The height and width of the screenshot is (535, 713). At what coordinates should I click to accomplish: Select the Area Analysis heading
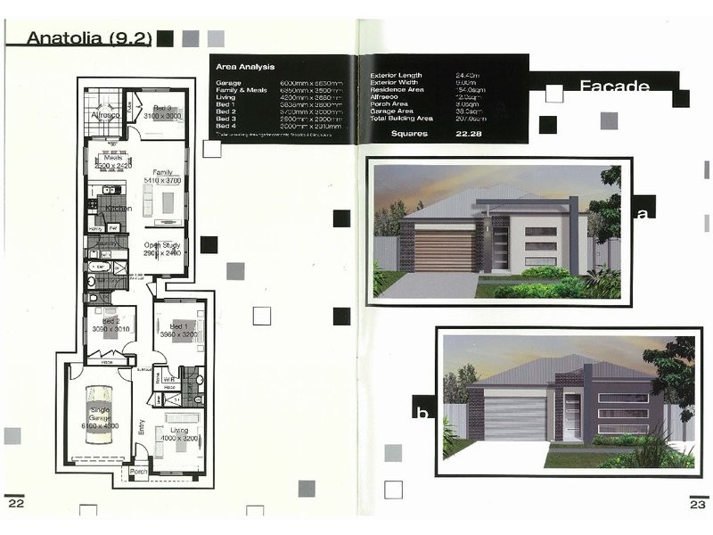pos(245,67)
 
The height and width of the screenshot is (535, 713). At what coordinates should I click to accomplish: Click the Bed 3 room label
pos(163,107)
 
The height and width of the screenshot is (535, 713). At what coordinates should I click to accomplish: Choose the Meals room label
pos(112,158)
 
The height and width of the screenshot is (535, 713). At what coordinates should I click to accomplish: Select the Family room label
pos(162,172)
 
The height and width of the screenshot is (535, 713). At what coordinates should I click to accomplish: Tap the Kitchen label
pos(119,209)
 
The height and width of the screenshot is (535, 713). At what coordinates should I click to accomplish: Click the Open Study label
pos(163,245)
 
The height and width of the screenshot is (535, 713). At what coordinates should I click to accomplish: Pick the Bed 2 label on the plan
pos(111,321)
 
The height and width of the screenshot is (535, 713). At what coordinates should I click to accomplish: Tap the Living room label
pos(179,431)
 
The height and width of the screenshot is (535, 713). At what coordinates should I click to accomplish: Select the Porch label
pos(138,471)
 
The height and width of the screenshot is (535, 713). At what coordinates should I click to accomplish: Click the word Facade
pos(614,86)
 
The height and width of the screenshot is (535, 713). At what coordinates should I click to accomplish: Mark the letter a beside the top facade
pos(641,212)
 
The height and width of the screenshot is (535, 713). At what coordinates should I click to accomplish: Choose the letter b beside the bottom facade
pos(422,412)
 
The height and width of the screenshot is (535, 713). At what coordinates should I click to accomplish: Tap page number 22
pos(15,504)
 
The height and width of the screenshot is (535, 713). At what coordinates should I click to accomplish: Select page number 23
pos(697,504)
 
